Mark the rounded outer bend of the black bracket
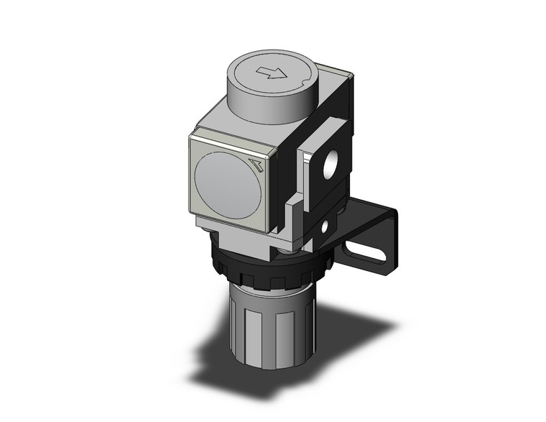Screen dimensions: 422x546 392,216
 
